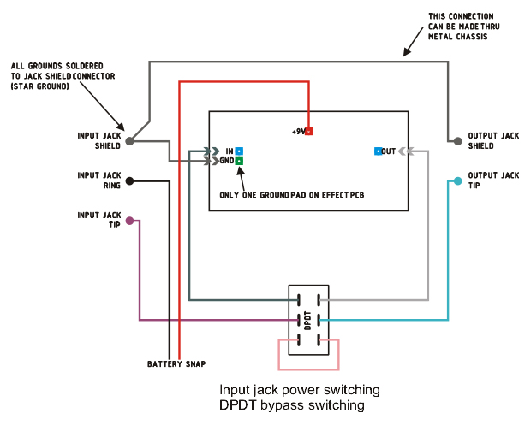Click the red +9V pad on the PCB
309,132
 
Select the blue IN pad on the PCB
239,151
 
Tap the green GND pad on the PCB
239,161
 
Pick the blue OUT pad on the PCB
378,151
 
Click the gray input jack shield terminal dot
129,141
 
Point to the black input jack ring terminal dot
129,180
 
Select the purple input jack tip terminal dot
129,221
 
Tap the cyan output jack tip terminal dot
458,180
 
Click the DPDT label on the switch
308,320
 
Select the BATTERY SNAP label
176,364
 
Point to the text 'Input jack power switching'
300,390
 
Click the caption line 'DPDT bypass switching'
292,404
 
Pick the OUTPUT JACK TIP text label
492,180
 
